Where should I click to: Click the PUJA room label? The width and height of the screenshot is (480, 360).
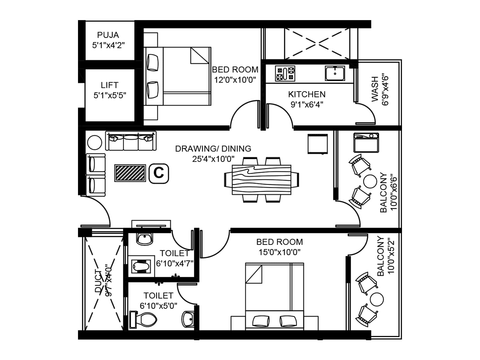click(x=108, y=35)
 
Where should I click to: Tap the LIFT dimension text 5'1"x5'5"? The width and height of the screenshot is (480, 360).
click(x=109, y=95)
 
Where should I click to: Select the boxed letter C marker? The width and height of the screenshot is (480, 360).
click(x=159, y=173)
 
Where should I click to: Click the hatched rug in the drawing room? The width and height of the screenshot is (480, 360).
click(x=130, y=173)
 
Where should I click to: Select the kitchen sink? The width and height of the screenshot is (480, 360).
click(x=334, y=73)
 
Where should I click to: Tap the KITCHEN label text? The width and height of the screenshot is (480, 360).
click(x=307, y=94)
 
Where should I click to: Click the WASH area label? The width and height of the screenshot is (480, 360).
click(x=375, y=89)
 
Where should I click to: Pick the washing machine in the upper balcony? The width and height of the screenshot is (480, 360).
click(x=366, y=143)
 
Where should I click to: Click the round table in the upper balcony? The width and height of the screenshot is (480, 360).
click(x=370, y=181)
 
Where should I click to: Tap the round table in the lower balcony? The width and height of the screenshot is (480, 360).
click(x=377, y=299)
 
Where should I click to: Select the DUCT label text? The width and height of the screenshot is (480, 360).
click(x=98, y=280)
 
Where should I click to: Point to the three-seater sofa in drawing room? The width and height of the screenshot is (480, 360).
click(x=131, y=141)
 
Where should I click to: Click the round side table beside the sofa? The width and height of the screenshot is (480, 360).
click(x=94, y=142)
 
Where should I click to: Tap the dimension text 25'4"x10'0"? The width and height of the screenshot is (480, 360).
click(x=213, y=159)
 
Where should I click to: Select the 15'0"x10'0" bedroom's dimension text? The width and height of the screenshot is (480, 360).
click(x=280, y=252)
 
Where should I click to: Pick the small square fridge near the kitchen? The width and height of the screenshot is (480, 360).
click(x=317, y=144)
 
